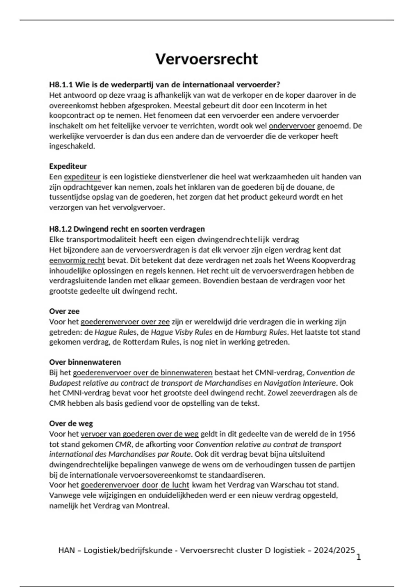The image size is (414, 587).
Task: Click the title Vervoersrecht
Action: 206,59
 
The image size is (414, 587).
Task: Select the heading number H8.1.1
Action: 61,85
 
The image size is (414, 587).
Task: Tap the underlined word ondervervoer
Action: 292,126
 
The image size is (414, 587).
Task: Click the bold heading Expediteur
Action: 68,166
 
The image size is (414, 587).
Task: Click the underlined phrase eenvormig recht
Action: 77,260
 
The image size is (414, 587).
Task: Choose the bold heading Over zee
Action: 64,311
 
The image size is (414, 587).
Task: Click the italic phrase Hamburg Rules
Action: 261,332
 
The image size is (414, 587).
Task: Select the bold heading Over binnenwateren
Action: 85,362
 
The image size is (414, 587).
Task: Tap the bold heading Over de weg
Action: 71,424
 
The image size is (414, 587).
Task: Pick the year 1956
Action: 347,434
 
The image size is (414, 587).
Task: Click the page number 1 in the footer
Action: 358,557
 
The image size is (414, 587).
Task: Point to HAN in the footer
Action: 67,550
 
